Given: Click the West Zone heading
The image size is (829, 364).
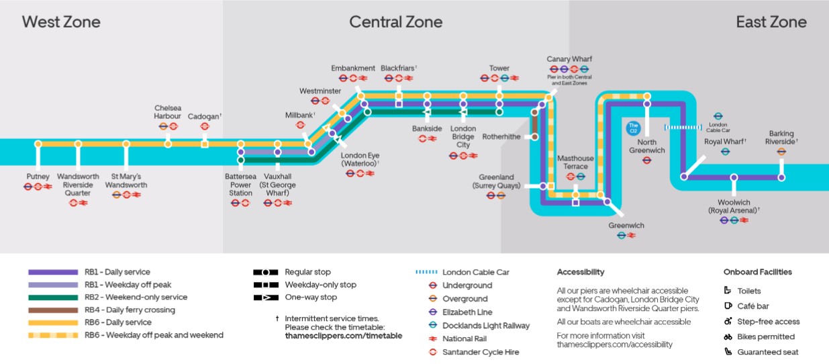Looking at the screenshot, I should click(x=61, y=22).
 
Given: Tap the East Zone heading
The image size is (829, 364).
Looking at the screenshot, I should click(x=771, y=22).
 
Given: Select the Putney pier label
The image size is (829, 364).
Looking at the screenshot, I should click(x=38, y=177).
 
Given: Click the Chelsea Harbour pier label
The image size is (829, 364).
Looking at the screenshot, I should click(x=168, y=111).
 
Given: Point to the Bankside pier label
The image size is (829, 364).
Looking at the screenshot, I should click(x=428, y=128).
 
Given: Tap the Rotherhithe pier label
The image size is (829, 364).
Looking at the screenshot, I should click(x=501, y=136).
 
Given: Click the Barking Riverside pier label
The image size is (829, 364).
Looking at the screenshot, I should click(x=781, y=138).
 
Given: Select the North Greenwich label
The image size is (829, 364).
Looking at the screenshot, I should click(x=647, y=146).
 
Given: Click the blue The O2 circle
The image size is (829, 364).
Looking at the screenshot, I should click(x=632, y=126).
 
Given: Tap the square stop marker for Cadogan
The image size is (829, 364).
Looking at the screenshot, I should click(x=205, y=144).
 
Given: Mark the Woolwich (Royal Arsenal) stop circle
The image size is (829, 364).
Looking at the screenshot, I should click(x=734, y=177).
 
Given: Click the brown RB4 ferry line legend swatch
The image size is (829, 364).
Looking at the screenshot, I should click(x=53, y=310).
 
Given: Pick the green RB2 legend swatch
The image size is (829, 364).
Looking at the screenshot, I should click(x=53, y=298).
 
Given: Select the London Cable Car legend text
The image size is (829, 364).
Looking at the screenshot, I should click(x=475, y=272).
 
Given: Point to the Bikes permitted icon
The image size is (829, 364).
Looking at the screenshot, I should click(x=728, y=336).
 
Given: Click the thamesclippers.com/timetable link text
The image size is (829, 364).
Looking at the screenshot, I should click(x=343, y=336).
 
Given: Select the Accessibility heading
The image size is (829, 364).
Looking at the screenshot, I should click(x=581, y=272).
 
